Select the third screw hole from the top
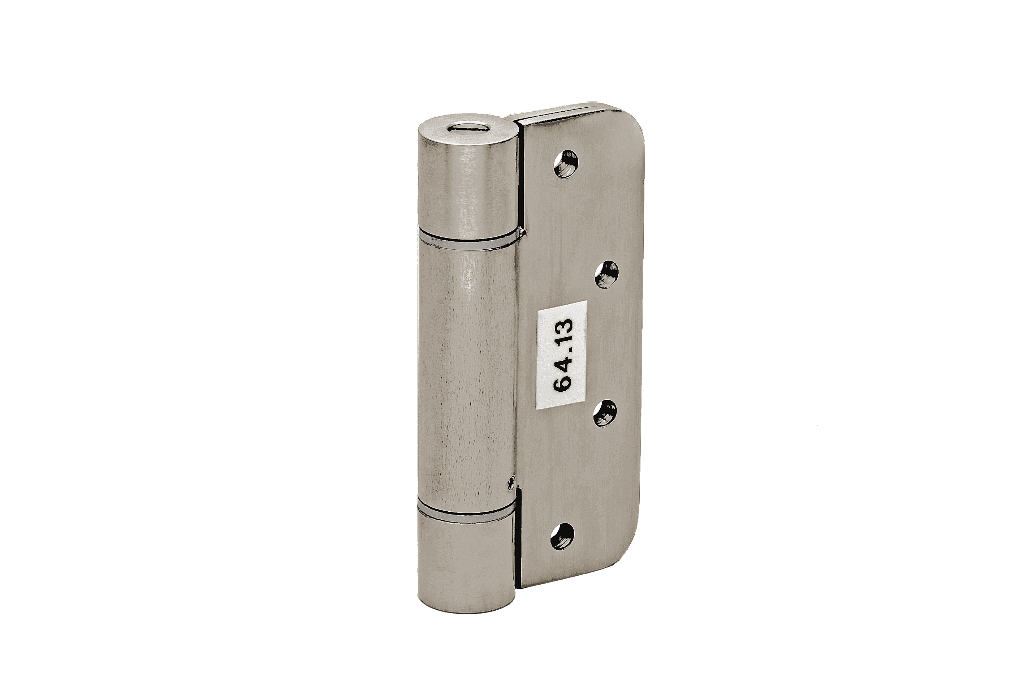click(x=604, y=414)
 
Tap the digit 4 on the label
click(x=563, y=363)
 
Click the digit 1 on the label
click(x=563, y=337)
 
